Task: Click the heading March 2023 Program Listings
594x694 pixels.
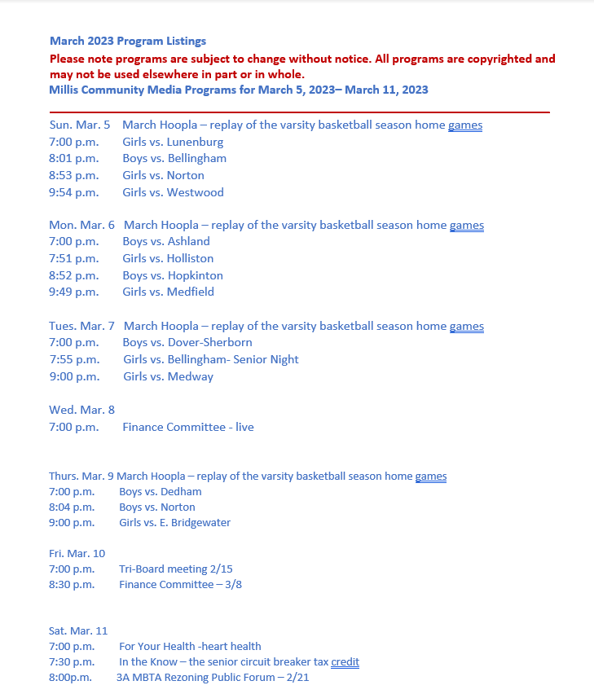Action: (x=128, y=41)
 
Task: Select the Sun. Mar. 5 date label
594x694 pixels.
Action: (x=79, y=125)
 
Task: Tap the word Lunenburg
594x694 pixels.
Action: (x=196, y=142)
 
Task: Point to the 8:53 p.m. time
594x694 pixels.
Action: (x=73, y=175)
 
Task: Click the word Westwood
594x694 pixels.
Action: (x=196, y=192)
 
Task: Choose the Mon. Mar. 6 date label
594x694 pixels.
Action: (x=81, y=225)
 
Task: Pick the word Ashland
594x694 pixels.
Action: (x=189, y=241)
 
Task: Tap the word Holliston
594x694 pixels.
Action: (x=191, y=258)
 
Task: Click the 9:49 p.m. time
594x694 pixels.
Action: (x=73, y=292)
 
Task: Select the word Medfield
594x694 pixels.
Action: (x=191, y=292)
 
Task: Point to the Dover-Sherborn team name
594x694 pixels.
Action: (x=210, y=342)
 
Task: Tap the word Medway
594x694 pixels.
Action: (x=191, y=376)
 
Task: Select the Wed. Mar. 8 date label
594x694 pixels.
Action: (x=81, y=410)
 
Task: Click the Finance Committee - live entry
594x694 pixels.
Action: (x=188, y=427)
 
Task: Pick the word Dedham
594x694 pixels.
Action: (x=183, y=491)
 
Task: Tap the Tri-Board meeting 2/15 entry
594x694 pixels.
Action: (x=176, y=569)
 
